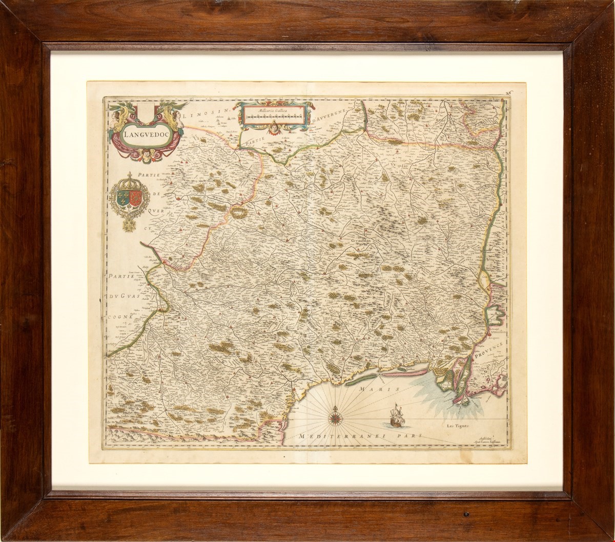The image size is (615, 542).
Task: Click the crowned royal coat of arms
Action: pos(129,198)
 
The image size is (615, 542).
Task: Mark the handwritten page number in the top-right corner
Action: pos(507,93)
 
